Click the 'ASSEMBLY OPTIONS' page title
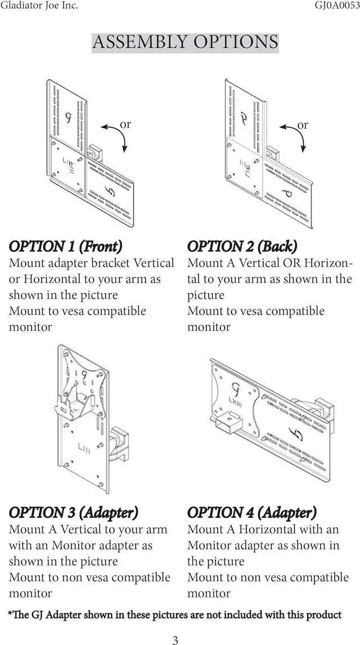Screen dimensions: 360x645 (x=184, y=42)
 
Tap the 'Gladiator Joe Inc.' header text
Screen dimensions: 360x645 (x=39, y=6)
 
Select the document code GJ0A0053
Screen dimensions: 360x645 (x=336, y=6)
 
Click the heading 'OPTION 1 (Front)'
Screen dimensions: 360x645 (x=65, y=247)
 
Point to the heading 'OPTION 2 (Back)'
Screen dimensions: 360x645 (x=242, y=247)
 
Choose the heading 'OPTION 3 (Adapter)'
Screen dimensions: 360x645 (x=73, y=513)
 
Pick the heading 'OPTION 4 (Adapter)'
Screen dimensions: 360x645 (x=251, y=513)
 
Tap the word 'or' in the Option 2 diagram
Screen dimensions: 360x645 (x=303, y=124)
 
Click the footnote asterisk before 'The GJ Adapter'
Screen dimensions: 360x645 (x=10, y=614)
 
